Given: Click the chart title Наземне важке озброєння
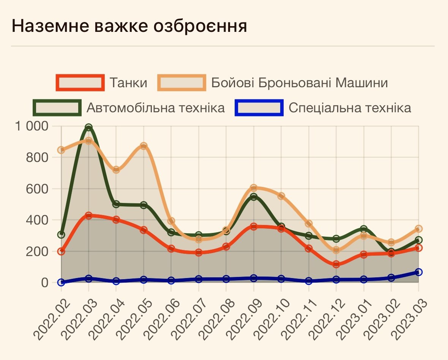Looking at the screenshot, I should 129,26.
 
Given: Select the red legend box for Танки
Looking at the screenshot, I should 80,83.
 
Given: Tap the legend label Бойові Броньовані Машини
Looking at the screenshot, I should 299,83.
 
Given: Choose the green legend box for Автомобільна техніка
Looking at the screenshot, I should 57,108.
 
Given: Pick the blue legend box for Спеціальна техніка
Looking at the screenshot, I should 259,108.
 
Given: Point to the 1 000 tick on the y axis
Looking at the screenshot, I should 33,126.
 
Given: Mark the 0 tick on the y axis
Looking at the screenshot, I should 45,283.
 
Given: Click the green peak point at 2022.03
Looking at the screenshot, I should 88,127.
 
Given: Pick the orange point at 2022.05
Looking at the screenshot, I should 144,146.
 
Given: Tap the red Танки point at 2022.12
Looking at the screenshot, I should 336,264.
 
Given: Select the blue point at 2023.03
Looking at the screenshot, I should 418,272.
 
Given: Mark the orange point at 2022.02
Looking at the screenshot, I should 61,150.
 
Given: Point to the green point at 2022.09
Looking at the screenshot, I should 254,197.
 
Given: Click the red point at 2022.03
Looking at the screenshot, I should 88,215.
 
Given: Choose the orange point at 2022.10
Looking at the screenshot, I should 281,196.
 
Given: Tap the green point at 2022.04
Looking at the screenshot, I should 116,204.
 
